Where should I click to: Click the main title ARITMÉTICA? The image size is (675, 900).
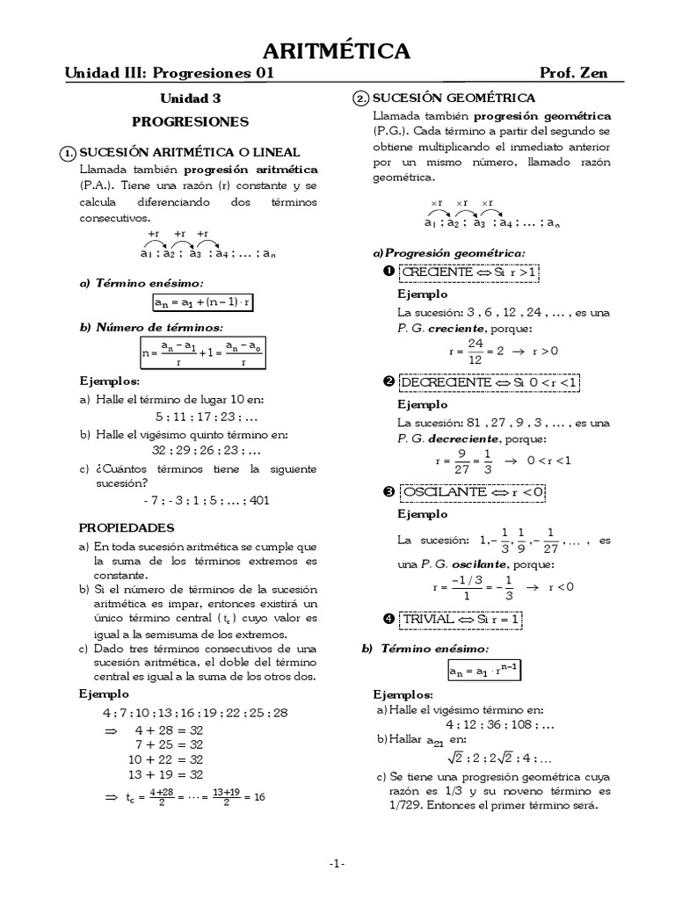pyautogui.click(x=337, y=52)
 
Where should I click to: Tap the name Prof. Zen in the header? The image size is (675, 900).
pyautogui.click(x=575, y=74)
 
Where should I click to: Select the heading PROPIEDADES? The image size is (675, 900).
pyautogui.click(x=127, y=528)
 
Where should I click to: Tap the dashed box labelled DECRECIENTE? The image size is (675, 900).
pyautogui.click(x=489, y=383)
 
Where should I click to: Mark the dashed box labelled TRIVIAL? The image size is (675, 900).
pyautogui.click(x=461, y=620)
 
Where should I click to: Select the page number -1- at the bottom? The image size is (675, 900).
pyautogui.click(x=337, y=864)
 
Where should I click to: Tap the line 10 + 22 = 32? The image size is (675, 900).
pyautogui.click(x=166, y=758)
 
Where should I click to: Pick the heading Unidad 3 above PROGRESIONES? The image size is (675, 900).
pyautogui.click(x=190, y=99)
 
